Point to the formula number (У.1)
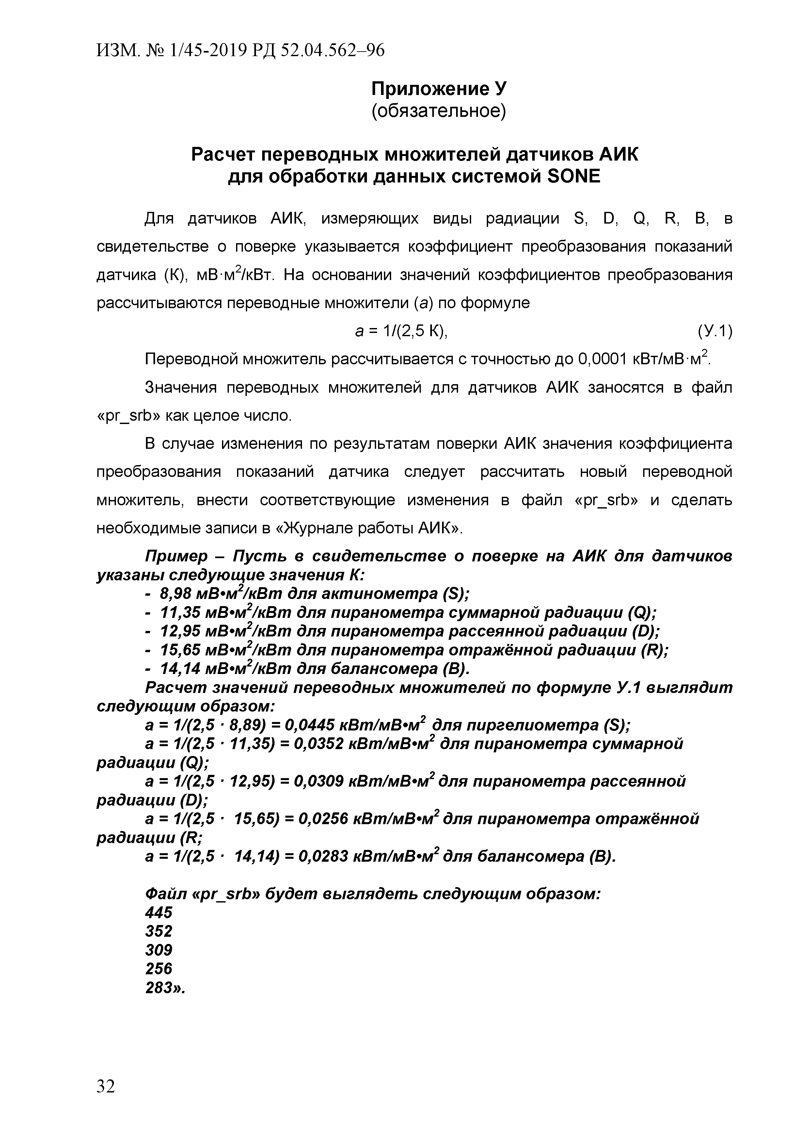[x=714, y=331]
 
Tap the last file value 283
[x=159, y=988]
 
